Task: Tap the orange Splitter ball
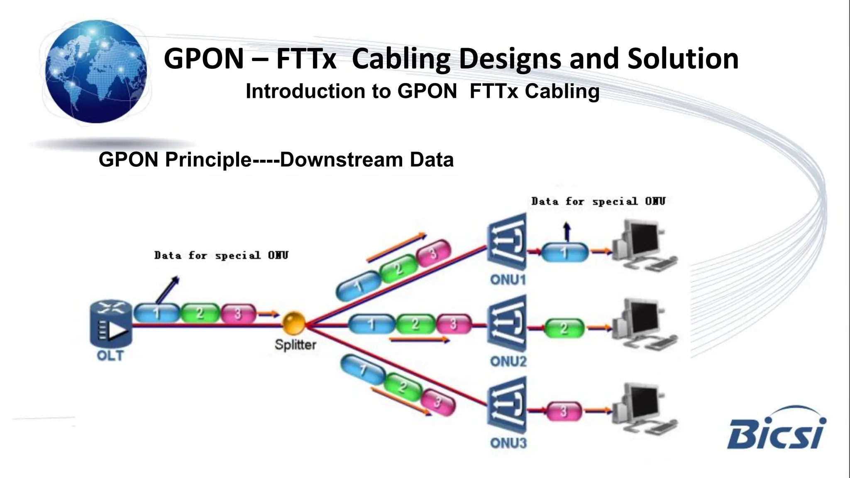[x=294, y=324]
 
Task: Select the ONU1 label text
[x=508, y=280]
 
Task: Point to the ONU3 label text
[x=508, y=443]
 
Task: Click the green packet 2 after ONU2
[x=564, y=329]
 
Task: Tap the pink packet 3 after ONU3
[x=564, y=411]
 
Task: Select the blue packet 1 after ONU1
[x=564, y=252]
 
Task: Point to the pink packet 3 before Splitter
[x=238, y=314]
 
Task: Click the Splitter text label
[x=295, y=344]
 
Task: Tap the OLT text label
[x=110, y=356]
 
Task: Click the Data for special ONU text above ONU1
[x=598, y=202]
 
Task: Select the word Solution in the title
[x=683, y=59]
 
